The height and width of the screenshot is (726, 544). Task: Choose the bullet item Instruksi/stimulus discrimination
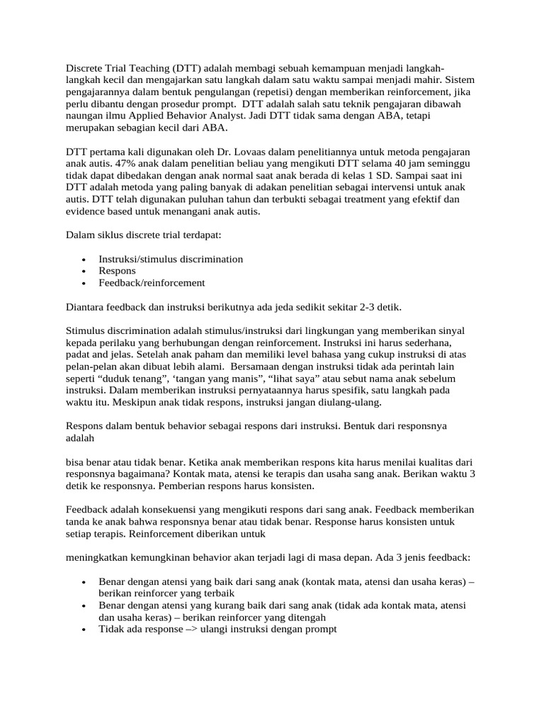[x=171, y=259]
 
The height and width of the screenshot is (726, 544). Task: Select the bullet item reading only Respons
[x=118, y=271]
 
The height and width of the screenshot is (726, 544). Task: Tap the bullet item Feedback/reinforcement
[x=152, y=282]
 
